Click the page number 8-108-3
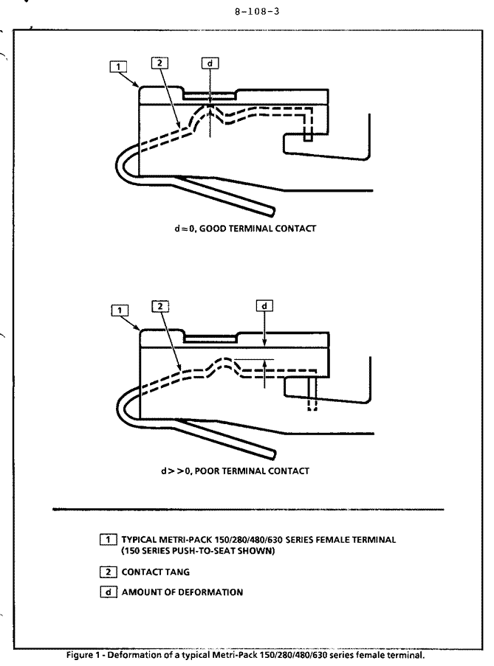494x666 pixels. coord(257,12)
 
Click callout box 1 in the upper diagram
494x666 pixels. coord(117,66)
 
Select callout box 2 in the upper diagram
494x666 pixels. coord(159,63)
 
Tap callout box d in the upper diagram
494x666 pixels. coord(210,63)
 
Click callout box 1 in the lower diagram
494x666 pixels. coord(120,311)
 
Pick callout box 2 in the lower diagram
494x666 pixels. coord(160,306)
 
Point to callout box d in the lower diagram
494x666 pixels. coord(264,306)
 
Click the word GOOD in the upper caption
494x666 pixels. coord(213,229)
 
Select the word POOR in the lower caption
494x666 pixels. coord(207,471)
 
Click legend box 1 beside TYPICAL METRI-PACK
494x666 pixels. coord(108,540)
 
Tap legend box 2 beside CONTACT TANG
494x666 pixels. coord(108,572)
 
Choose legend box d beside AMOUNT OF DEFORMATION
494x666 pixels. coord(109,592)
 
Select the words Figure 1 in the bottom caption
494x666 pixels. coord(83,655)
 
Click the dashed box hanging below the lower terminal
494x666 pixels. coord(312,404)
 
